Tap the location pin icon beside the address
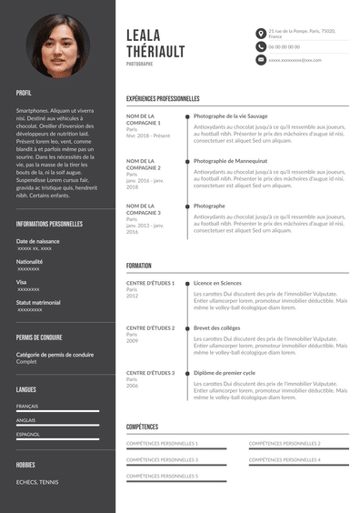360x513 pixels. [261, 33]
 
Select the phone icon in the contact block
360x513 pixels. [261, 45]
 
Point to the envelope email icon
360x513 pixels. [261, 59]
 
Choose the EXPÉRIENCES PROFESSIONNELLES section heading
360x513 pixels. [163, 98]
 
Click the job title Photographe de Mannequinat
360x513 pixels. [230, 161]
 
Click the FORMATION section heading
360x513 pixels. [139, 266]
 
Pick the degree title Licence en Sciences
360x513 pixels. [218, 284]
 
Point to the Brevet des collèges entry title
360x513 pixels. [217, 327]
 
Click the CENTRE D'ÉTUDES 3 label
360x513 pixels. [150, 373]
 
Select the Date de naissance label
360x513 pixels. [38, 241]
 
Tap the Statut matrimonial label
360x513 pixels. [38, 302]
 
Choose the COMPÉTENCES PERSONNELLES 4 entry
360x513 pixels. [285, 459]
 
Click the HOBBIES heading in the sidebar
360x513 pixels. [25, 464]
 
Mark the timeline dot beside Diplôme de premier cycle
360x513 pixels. [187, 373]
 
